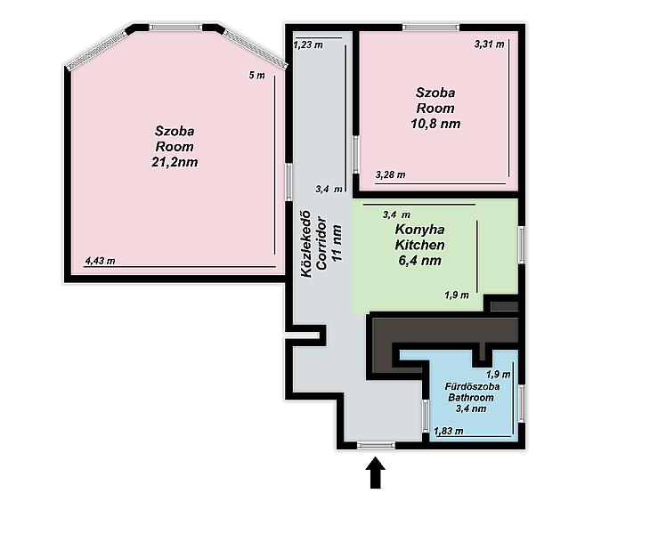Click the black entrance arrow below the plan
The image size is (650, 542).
[x=376, y=473]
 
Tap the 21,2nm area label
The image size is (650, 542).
[x=175, y=162]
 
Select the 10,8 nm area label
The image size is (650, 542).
[x=435, y=124]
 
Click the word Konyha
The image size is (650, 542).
[x=419, y=229]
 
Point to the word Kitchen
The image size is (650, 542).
[x=419, y=245]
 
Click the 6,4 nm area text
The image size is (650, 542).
[x=419, y=260]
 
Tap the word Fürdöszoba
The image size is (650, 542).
[x=472, y=386]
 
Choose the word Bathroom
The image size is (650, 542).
[x=471, y=398]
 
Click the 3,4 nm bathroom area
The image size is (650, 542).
[x=471, y=409]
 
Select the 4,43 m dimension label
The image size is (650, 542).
[x=100, y=261]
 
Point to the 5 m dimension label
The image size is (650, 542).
[x=256, y=76]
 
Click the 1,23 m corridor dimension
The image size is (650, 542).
[x=308, y=44]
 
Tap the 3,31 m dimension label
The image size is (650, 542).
[x=489, y=44]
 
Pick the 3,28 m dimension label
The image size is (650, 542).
[x=391, y=174]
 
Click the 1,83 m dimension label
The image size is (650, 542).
[x=449, y=431]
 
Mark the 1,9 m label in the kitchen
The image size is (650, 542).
[x=457, y=295]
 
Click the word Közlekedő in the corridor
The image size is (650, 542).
[x=306, y=245]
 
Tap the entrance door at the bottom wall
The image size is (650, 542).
[x=376, y=445]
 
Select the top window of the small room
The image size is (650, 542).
[x=431, y=28]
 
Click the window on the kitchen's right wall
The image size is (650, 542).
[x=522, y=245]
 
